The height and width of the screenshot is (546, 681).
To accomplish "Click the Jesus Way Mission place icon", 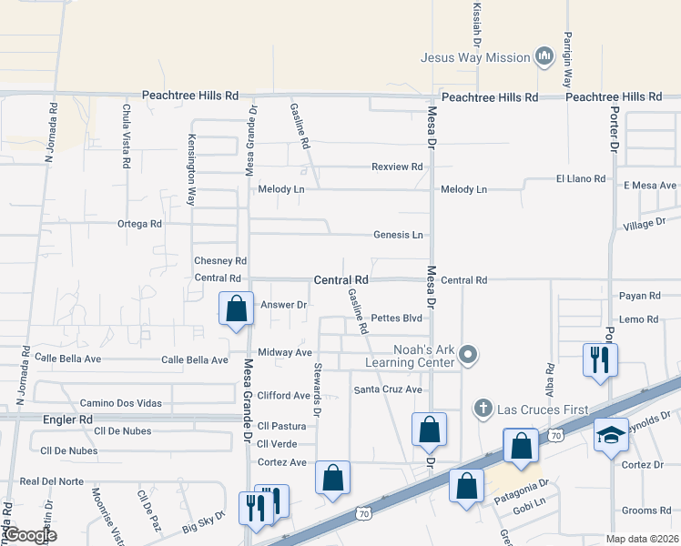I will tap(544, 57).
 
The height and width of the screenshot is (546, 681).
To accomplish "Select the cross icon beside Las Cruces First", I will tap(483, 409).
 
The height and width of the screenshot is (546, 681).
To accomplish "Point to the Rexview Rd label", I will tap(397, 167).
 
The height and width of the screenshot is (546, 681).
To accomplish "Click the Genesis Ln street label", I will tap(398, 235).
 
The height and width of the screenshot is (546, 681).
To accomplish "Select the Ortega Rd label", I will tap(139, 223).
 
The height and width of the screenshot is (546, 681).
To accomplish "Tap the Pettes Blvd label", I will tap(397, 318).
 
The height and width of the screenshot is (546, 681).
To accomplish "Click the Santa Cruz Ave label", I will tap(388, 389).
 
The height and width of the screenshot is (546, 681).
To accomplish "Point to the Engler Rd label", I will tap(68, 420).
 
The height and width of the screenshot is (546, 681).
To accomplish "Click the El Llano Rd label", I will tap(581, 179).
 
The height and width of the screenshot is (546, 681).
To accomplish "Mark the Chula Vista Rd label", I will tap(124, 136).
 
